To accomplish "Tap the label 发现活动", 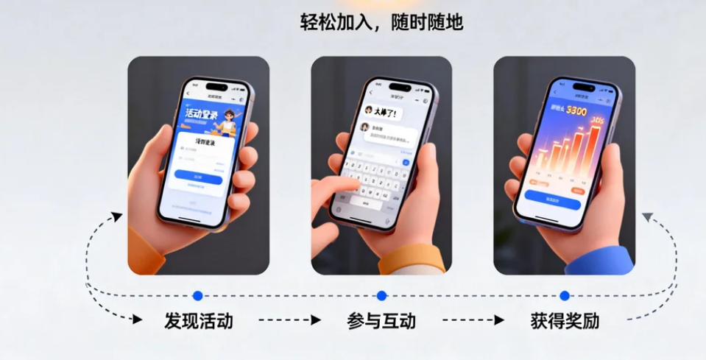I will tap(199, 321).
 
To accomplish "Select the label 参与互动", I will tap(381, 321).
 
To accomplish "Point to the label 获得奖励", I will tap(565, 321).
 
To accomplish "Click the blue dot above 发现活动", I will tap(197, 296).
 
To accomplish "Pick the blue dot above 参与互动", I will tap(381, 296).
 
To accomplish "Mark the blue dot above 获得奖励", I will tap(565, 296).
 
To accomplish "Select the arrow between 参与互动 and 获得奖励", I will tap(473, 320).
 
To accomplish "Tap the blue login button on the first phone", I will tap(198, 179).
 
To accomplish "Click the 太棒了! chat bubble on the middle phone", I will tap(385, 113).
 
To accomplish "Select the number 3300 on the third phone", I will tap(576, 110).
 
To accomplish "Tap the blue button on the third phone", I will tap(553, 199).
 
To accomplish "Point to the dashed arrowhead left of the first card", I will tap(116, 216).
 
